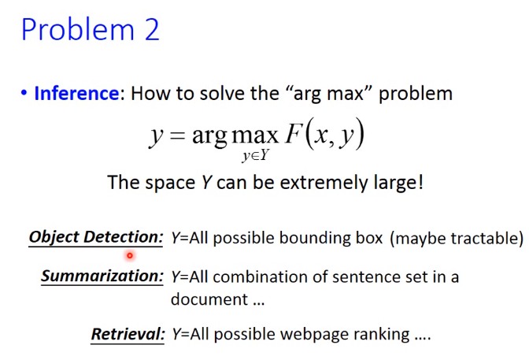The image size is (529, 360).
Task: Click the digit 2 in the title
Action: (x=152, y=29)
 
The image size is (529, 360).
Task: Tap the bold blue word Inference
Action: (x=76, y=93)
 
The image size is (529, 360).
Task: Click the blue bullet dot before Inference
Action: (x=24, y=92)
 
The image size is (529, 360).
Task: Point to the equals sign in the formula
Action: (x=178, y=135)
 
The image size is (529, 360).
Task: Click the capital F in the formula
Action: (x=293, y=134)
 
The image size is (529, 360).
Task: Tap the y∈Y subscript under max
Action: (x=255, y=156)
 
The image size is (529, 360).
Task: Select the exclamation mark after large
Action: (x=420, y=183)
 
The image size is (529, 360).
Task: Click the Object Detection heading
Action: (x=96, y=237)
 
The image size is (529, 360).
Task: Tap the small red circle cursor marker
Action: (x=130, y=256)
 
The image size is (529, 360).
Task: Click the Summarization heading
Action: (x=102, y=276)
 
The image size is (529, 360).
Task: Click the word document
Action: (x=209, y=299)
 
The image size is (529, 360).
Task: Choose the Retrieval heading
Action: (x=128, y=334)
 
